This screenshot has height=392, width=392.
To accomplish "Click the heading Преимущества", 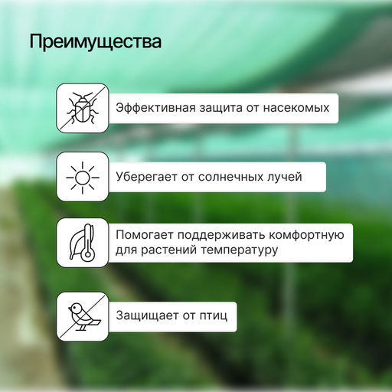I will pos(96,42).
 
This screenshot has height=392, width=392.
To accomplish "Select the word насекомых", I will pos(297,108).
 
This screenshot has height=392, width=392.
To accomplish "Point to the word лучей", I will pos(284,177).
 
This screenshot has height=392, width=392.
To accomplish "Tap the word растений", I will pos(168,250).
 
